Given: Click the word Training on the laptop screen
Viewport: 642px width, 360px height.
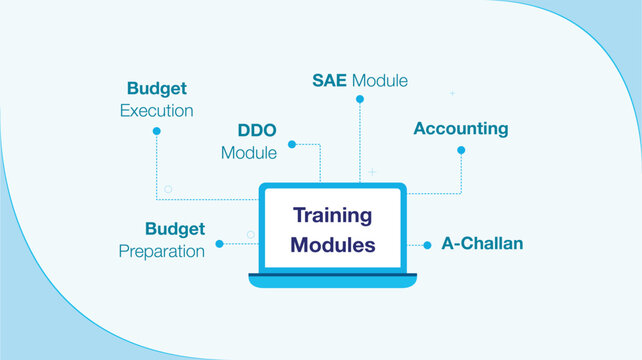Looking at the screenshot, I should pos(332,215).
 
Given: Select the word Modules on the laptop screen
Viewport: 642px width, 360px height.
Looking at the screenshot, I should pos(333,244).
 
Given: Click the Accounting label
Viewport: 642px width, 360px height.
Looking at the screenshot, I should pos(461,129).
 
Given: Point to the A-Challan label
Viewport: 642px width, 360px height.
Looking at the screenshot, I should pos(482,244).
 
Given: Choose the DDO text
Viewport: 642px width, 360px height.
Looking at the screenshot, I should pos(258,131).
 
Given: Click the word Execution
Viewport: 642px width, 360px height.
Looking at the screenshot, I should pos(157,110).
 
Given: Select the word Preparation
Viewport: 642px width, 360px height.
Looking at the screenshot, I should pos(162,251).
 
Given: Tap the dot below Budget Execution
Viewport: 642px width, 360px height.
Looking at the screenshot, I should pos(157,131).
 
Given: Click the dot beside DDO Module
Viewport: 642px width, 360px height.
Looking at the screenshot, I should pos(292,144).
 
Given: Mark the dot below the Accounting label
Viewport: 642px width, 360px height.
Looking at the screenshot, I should pos(461,150).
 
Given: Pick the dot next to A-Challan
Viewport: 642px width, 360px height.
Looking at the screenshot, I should pos(427,244).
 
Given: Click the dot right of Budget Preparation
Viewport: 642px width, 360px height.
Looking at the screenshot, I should pos(221,243).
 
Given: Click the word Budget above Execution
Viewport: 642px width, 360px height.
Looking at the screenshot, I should pos(157,88).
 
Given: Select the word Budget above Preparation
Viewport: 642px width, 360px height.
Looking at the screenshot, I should pos(175,229).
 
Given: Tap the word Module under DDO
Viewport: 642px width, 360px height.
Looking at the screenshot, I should pos(248,154).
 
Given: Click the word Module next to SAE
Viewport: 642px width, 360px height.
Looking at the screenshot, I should pos(379,80).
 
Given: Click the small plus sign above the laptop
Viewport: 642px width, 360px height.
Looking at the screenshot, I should pos(372,172).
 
